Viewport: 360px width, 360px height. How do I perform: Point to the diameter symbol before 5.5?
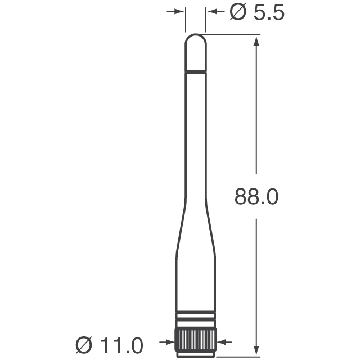[237, 12]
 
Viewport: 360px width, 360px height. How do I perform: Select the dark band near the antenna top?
[196, 72]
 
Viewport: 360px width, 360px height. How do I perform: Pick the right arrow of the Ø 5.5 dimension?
[211, 11]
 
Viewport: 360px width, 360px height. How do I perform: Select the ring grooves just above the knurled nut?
[196, 318]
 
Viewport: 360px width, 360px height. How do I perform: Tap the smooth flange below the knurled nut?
[196, 354]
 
